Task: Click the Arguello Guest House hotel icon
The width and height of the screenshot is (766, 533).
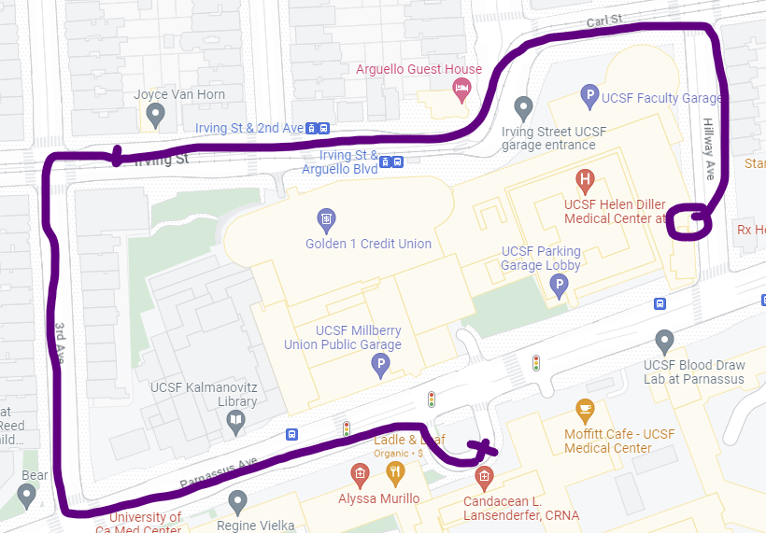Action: pyautogui.click(x=461, y=90)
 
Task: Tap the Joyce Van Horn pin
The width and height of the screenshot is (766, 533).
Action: pyautogui.click(x=156, y=116)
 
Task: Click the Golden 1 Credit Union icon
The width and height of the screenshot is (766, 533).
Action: pyautogui.click(x=326, y=220)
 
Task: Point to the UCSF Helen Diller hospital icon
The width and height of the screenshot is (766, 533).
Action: pyautogui.click(x=585, y=179)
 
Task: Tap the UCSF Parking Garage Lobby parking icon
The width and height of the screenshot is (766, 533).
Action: pyautogui.click(x=560, y=285)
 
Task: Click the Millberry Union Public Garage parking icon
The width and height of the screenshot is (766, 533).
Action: pyautogui.click(x=380, y=364)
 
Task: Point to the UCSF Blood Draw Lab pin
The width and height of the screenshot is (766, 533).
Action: pyautogui.click(x=664, y=341)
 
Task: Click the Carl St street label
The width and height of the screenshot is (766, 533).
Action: pyautogui.click(x=603, y=21)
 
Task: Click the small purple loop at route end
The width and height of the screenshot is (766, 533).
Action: pyautogui.click(x=691, y=219)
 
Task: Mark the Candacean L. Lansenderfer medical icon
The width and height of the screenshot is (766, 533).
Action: pyautogui.click(x=484, y=478)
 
